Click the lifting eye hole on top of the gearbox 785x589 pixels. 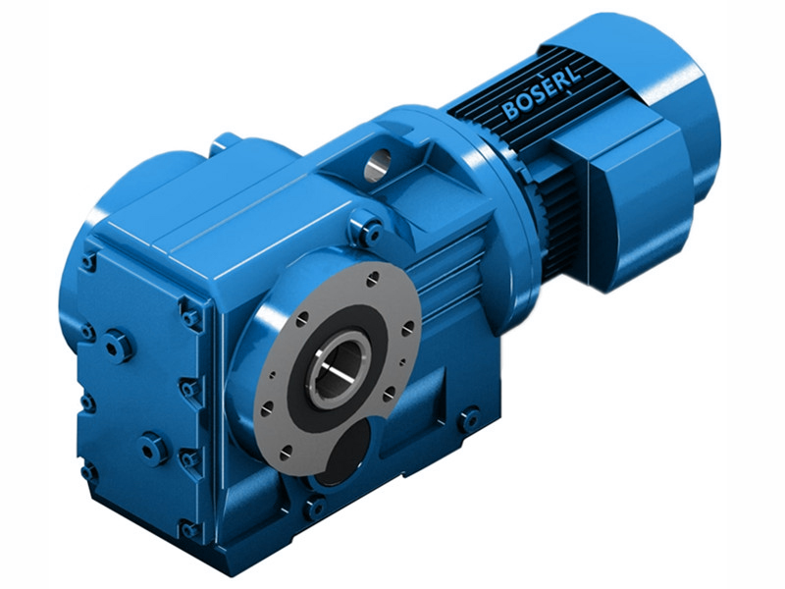click(x=377, y=165)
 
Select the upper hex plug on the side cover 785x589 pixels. click(x=119, y=346)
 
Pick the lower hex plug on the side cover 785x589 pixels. click(x=153, y=449)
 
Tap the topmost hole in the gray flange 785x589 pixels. click(x=370, y=280)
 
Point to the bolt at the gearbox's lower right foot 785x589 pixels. click(x=470, y=421)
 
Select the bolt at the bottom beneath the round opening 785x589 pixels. click(x=314, y=508)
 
